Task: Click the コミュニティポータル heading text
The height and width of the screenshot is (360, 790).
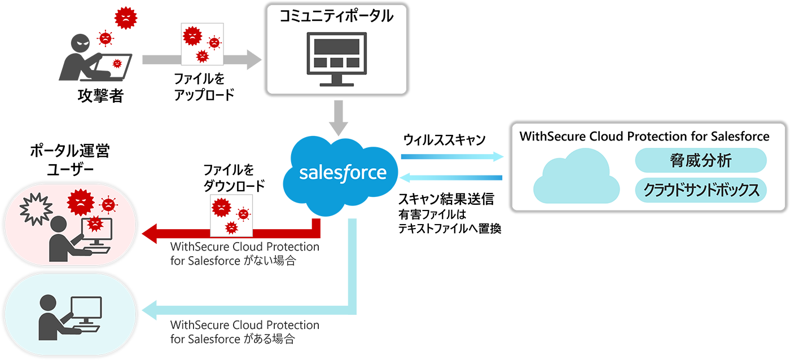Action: tap(337, 16)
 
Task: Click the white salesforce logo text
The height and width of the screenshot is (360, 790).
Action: tap(343, 172)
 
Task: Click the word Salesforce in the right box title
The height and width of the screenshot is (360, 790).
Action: tap(736, 136)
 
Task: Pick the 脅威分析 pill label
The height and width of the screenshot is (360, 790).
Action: tap(701, 161)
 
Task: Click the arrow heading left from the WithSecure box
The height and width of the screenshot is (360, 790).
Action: tap(451, 177)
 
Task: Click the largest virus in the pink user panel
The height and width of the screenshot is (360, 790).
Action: tap(78, 201)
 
